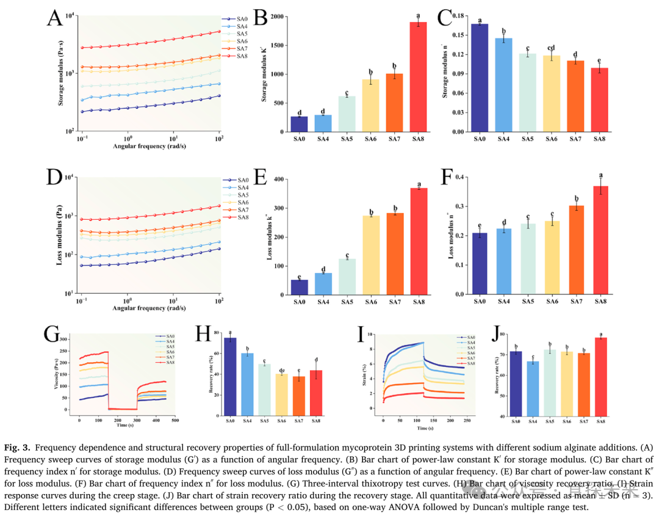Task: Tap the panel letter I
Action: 361,334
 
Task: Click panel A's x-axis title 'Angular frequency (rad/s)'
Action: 149,147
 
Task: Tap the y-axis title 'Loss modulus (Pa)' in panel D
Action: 62,235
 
